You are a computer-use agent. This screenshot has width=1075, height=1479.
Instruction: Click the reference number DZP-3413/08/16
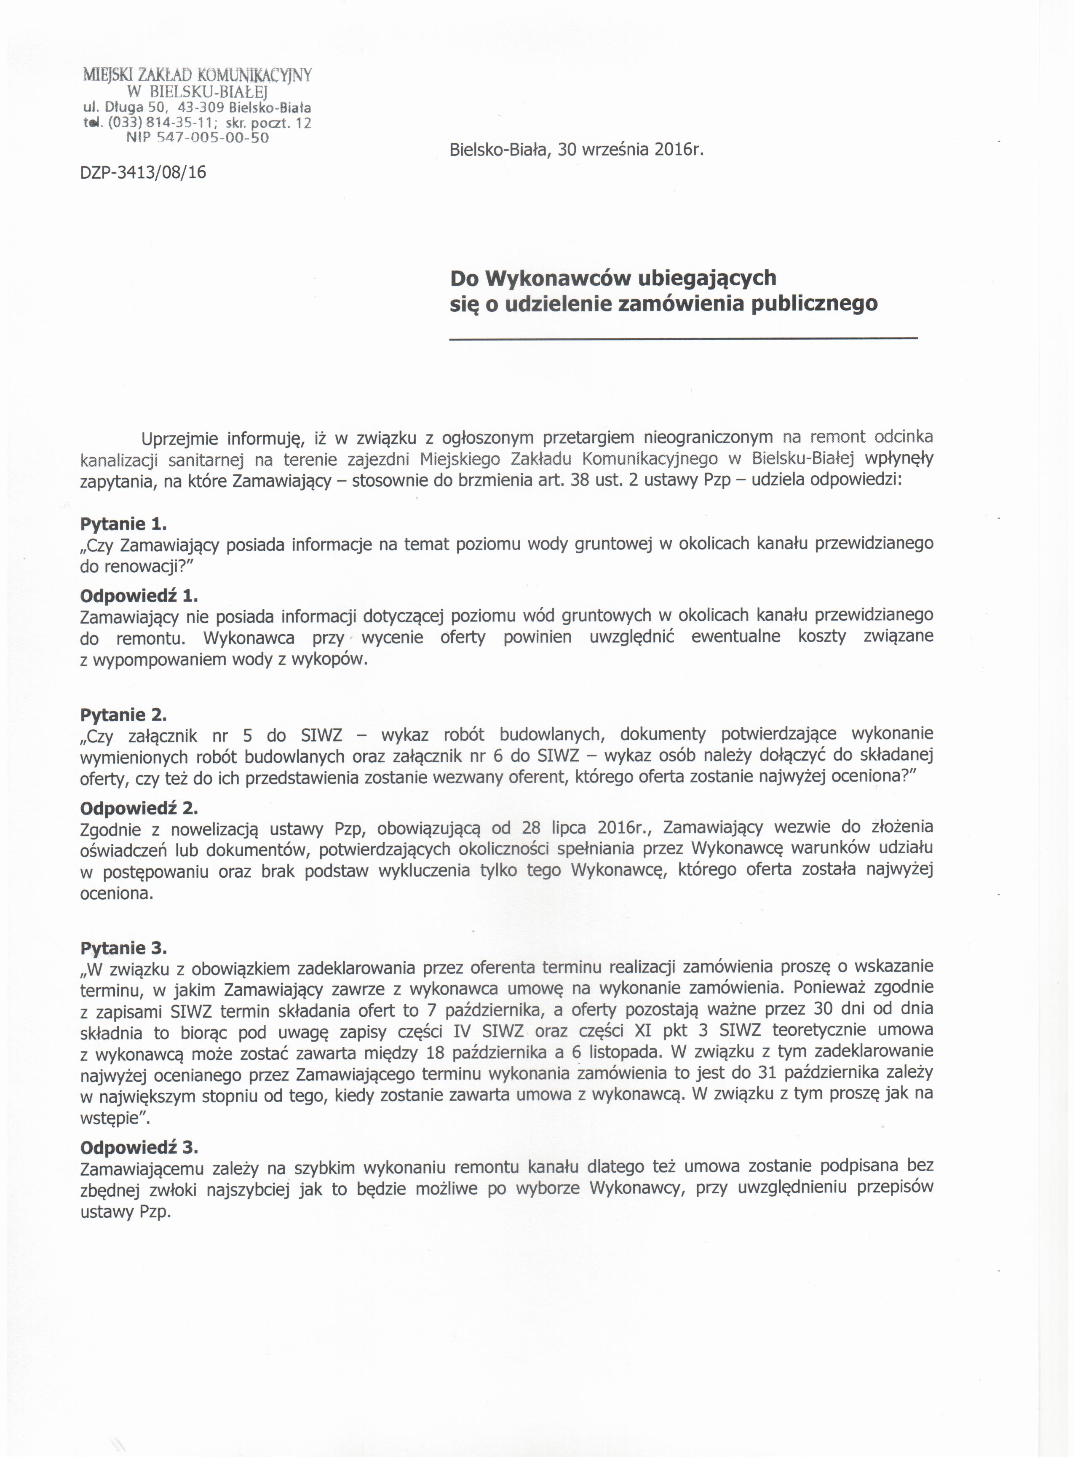pos(143,173)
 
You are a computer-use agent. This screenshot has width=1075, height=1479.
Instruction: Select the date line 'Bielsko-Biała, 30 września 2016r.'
pos(578,150)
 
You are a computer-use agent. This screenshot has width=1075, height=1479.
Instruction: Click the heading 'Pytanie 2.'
pos(123,715)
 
